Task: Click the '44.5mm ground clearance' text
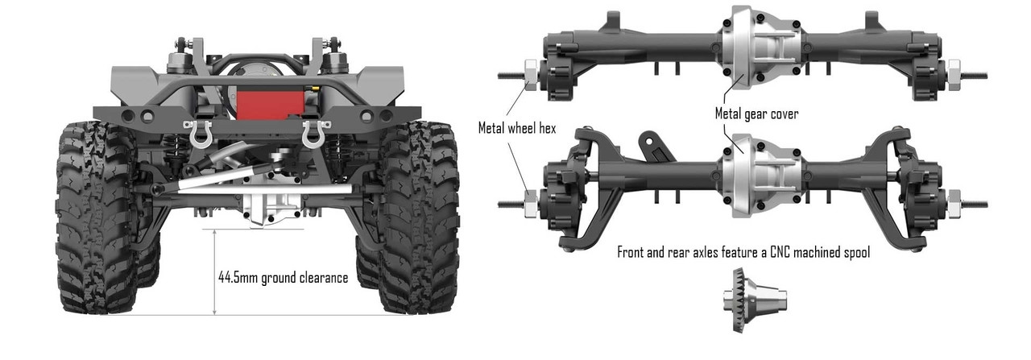tap(283, 278)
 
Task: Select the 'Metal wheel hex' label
tap(517, 128)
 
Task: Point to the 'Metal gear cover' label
tap(756, 114)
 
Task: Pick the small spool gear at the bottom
tap(752, 296)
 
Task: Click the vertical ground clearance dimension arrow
tap(215, 271)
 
